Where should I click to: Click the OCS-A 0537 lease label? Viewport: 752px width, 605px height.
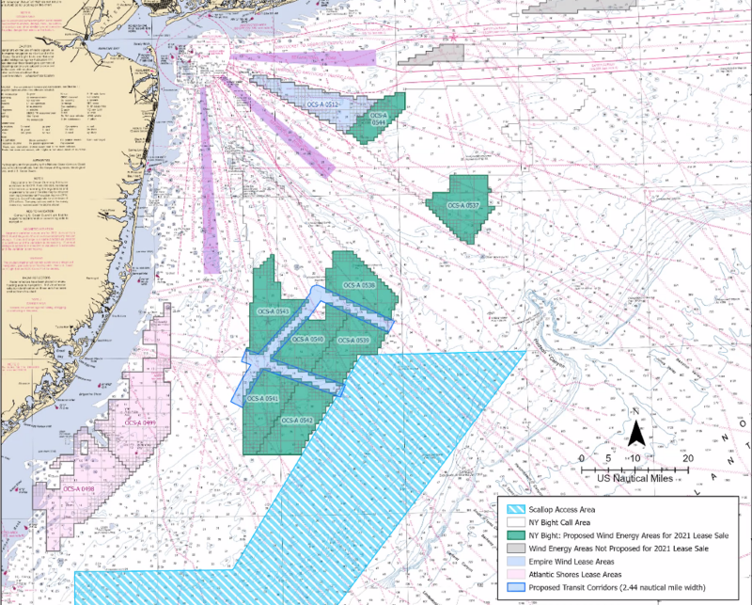point(464,205)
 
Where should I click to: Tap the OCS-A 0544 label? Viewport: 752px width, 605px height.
point(379,119)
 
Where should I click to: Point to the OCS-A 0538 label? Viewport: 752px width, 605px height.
point(359,285)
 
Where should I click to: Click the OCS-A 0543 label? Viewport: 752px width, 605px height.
point(273,311)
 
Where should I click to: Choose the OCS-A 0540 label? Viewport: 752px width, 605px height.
point(308,339)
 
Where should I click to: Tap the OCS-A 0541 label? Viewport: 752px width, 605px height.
point(261,399)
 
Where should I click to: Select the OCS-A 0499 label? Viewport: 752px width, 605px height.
point(140,423)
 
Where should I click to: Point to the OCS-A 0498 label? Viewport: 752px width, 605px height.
point(79,489)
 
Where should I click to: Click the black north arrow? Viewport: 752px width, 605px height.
point(635,435)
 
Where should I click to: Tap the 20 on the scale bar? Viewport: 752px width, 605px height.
point(689,458)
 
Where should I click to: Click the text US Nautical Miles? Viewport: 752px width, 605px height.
point(635,478)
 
